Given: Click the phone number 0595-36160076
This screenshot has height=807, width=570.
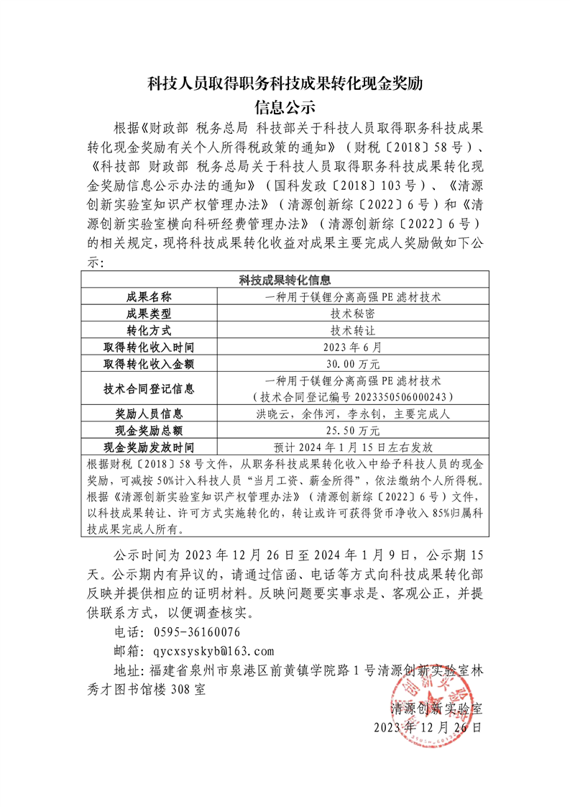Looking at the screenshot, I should (196, 632).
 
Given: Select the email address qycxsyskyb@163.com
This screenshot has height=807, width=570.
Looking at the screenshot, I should (213, 651).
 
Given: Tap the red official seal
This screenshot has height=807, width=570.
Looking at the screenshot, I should (431, 708).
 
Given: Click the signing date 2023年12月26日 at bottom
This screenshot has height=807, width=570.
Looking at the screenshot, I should (428, 727).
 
